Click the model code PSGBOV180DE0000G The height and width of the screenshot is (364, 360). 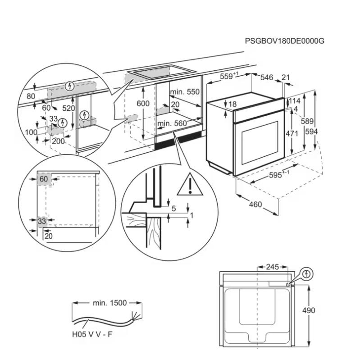tap(284, 41)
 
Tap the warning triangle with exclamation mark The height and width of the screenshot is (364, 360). tap(190, 185)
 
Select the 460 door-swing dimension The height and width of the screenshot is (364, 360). tap(255, 205)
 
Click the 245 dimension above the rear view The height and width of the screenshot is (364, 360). tap(272, 267)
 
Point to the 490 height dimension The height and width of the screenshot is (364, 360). tap(309, 310)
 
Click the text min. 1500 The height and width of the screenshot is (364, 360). tap(109, 303)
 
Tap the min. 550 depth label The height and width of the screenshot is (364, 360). tap(185, 92)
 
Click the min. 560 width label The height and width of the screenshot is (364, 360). tap(172, 123)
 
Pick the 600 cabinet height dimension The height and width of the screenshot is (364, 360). tap(143, 103)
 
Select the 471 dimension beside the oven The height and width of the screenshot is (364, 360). tap(292, 133)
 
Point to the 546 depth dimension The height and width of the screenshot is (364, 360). tap(267, 78)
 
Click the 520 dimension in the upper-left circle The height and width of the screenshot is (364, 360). tap(69, 108)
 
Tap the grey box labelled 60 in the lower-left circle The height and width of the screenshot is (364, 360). tap(43, 179)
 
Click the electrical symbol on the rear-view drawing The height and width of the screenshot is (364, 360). tap(306, 273)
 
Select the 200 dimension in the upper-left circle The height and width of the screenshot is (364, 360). tap(59, 141)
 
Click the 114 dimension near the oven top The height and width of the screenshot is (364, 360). tap(294, 101)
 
